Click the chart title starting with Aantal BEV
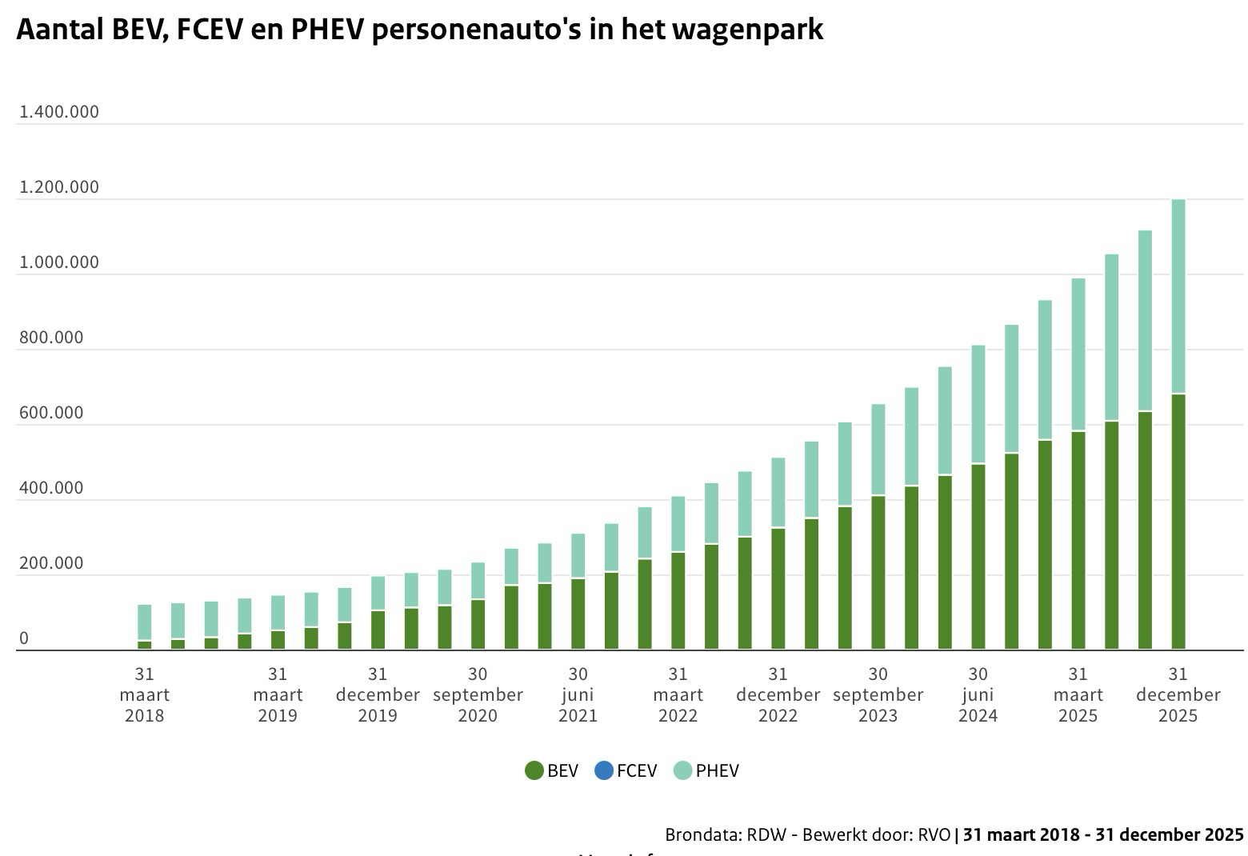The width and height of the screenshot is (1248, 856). [419, 30]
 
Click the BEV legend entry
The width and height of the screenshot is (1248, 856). [551, 770]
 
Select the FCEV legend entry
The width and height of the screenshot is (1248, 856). [626, 770]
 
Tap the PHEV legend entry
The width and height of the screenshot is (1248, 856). [706, 770]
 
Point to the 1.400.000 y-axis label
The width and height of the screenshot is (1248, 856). [59, 112]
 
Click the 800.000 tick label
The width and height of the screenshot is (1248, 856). [51, 338]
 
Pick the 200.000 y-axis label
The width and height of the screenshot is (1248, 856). [51, 563]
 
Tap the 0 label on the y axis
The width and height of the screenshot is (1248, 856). [24, 638]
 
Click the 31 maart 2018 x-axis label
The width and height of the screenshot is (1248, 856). [144, 694]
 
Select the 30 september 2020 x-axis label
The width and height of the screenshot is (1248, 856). [478, 694]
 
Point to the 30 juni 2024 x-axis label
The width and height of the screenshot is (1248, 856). [978, 694]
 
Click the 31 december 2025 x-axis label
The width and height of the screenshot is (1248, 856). [1178, 694]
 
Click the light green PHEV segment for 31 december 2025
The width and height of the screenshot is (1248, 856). [1178, 296]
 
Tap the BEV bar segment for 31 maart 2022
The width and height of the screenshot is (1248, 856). [678, 600]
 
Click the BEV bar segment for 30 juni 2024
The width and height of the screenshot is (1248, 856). [978, 556]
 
